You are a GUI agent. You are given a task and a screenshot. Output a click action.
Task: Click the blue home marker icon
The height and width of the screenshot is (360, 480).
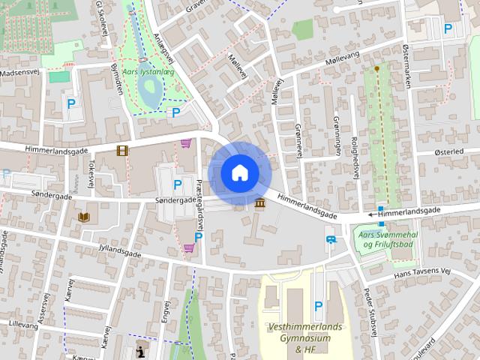tap(239, 173)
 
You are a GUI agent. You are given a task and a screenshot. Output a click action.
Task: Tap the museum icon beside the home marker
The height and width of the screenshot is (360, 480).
tap(260, 204)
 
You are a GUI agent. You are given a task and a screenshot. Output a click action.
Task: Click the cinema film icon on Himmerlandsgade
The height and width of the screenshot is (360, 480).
tap(122, 151)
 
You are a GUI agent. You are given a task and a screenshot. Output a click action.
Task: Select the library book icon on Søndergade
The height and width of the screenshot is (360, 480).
tap(84, 217)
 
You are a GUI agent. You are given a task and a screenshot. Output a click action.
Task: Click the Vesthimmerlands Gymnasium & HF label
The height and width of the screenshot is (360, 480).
tap(304, 338)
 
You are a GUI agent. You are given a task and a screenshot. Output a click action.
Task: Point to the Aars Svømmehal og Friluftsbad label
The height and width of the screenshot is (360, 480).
tap(386, 244)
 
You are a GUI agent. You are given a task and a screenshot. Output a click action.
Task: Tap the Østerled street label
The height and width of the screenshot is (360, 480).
tap(449, 151)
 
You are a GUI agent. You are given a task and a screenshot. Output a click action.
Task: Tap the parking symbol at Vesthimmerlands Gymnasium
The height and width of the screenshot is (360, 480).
tap(318, 305)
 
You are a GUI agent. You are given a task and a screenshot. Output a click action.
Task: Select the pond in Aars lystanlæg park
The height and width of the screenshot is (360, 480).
tap(149, 93)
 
